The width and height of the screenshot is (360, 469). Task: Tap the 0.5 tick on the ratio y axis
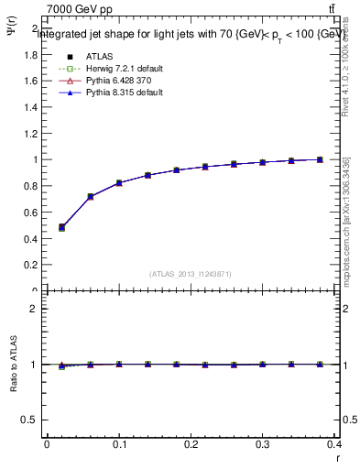pyautogui.click(x=30, y=420)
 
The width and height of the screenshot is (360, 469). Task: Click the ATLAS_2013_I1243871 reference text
pyautogui.click(x=190, y=274)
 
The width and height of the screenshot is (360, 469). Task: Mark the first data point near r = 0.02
pyautogui.click(x=61, y=227)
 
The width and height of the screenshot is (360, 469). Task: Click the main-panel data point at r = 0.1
pyautogui.click(x=119, y=183)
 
